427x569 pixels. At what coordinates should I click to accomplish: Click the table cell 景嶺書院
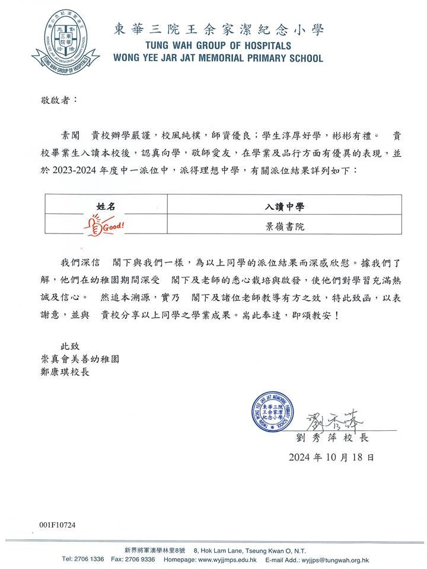click(x=285, y=226)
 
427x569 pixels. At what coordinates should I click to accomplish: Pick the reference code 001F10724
click(x=58, y=525)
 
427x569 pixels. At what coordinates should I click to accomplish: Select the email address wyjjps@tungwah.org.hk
click(x=336, y=560)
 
